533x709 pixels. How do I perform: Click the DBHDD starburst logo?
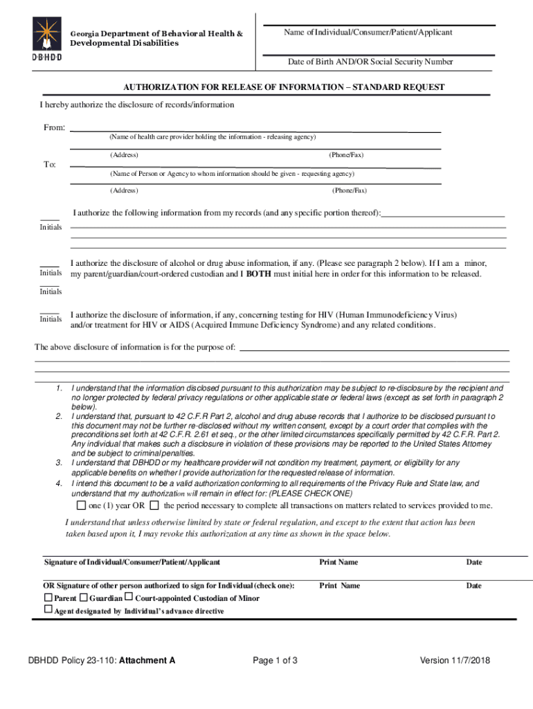click(47, 34)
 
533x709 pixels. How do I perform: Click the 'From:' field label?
click(55, 128)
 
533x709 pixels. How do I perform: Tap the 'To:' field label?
click(50, 165)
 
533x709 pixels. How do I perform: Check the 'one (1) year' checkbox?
click(80, 505)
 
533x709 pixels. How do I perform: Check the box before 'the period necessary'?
click(154, 505)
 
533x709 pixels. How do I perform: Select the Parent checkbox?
click(48, 597)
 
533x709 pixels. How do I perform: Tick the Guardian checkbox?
click(83, 597)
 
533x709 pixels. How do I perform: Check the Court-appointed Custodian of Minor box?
click(129, 597)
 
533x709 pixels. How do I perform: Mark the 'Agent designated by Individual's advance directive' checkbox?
click(48, 609)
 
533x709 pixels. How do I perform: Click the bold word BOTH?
click(258, 274)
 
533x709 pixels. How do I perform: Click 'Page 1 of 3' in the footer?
click(275, 661)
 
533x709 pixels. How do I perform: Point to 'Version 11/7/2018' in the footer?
click(455, 661)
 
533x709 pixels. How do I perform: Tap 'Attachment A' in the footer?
click(147, 661)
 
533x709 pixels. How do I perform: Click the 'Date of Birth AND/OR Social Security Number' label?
click(370, 62)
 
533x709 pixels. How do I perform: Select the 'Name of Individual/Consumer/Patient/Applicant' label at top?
click(368, 33)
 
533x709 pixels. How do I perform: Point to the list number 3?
click(60, 462)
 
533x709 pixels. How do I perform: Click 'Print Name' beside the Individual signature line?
click(338, 562)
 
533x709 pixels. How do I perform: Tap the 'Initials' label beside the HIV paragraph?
click(51, 319)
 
